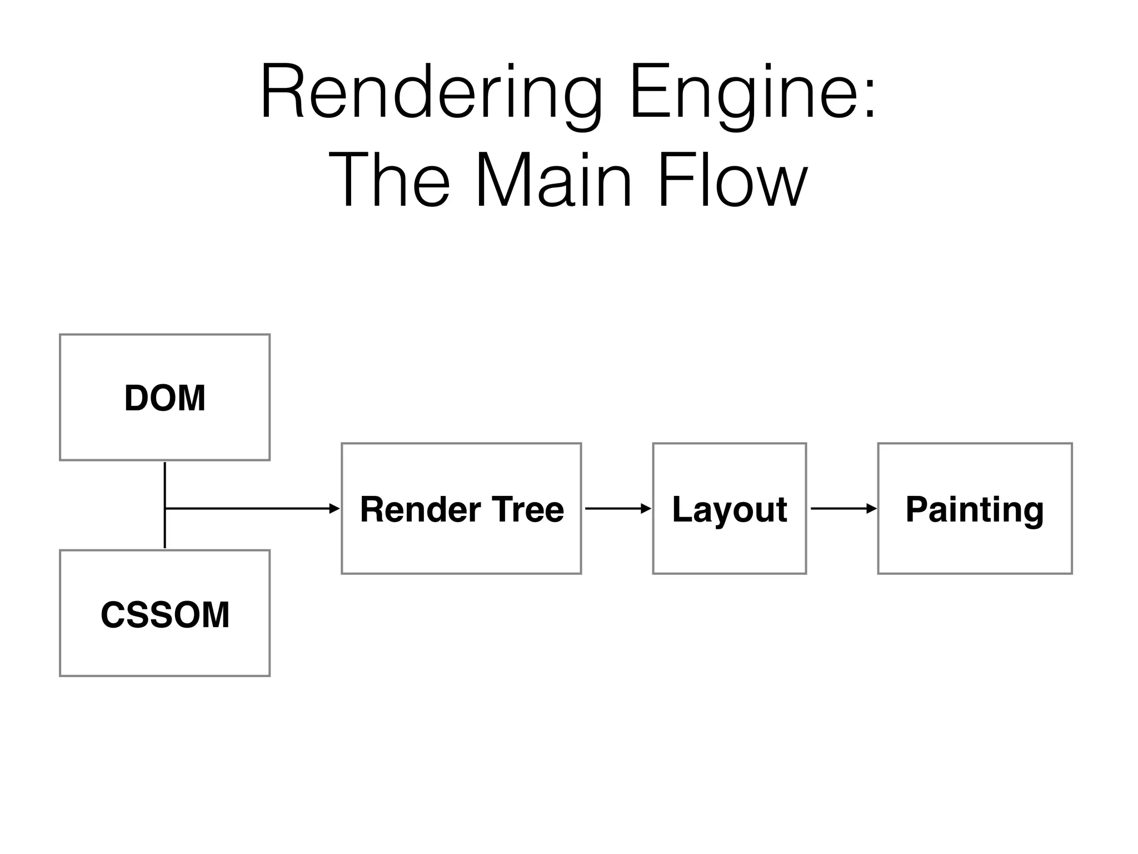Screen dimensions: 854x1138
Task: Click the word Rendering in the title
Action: [431, 93]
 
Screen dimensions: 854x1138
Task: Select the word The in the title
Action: [389, 181]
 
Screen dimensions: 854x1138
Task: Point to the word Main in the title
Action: [553, 181]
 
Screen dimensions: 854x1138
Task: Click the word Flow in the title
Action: [732, 181]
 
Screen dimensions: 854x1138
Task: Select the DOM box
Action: [164, 398]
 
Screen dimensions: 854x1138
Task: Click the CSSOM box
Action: [164, 613]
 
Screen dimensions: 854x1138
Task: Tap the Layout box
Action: [729, 508]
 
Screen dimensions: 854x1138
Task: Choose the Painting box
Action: [975, 508]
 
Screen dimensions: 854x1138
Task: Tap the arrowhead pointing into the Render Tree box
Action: [335, 508]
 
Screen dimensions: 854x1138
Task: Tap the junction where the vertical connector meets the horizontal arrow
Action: [165, 508]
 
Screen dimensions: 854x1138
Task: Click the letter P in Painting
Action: [916, 508]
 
